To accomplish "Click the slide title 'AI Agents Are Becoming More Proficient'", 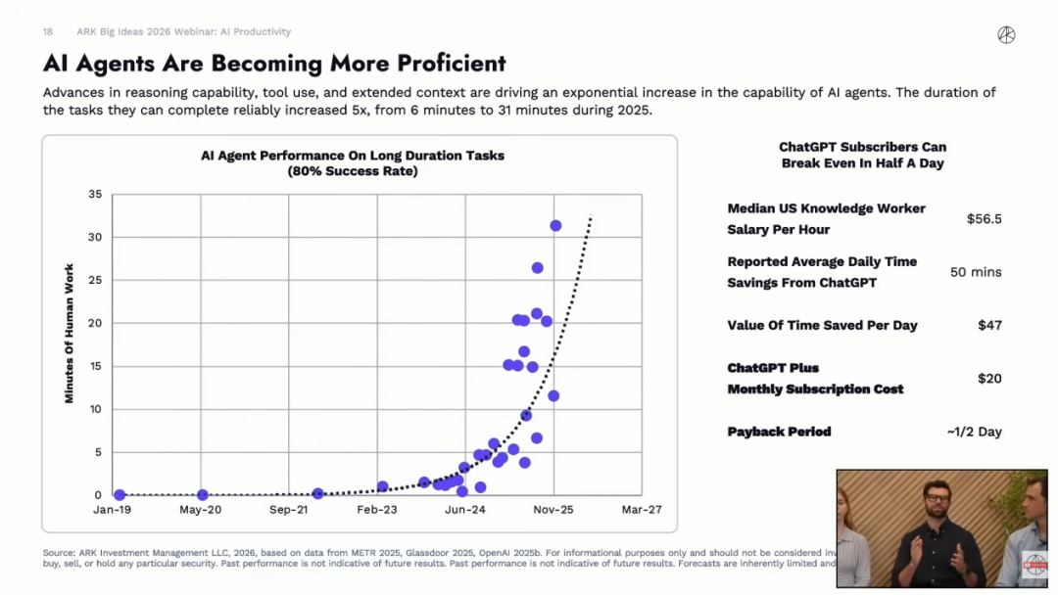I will (x=274, y=64).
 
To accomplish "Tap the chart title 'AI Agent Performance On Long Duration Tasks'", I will (x=353, y=156).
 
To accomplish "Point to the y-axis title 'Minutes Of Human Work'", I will (x=70, y=334).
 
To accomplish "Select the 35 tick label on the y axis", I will (x=95, y=195).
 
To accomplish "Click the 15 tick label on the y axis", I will (x=95, y=366).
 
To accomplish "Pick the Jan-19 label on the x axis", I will (x=113, y=510).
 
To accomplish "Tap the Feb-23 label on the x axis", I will (x=377, y=510).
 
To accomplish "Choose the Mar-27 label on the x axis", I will (x=642, y=510).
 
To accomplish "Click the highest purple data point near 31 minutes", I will (x=555, y=225).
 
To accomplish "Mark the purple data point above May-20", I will (x=203, y=495).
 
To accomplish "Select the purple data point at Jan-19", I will (x=120, y=495).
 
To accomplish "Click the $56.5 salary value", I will (x=984, y=219).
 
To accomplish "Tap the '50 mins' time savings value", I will (x=976, y=272).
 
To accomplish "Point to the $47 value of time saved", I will (x=989, y=325).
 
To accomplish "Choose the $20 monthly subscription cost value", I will (x=989, y=379).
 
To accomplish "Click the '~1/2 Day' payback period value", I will (x=974, y=432).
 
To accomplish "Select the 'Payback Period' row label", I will (x=779, y=432).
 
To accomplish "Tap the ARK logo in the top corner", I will (x=1006, y=35).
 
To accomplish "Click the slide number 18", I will (x=48, y=32).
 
